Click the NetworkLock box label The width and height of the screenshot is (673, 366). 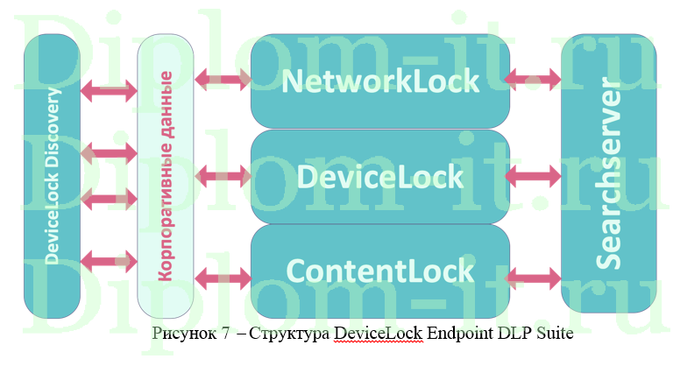380,81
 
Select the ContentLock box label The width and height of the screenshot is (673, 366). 380,270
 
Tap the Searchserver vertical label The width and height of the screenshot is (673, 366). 609,175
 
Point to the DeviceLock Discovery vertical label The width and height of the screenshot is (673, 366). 53,175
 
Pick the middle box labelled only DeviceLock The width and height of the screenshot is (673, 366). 380,176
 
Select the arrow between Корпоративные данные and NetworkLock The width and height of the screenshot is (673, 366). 223,81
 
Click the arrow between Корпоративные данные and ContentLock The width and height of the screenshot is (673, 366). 223,278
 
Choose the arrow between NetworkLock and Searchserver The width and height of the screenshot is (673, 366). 535,79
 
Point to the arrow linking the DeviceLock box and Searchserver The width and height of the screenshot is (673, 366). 535,176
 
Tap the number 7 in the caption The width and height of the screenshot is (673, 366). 224,333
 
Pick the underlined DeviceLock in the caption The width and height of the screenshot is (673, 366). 373,333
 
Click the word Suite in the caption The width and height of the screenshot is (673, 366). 535,333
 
